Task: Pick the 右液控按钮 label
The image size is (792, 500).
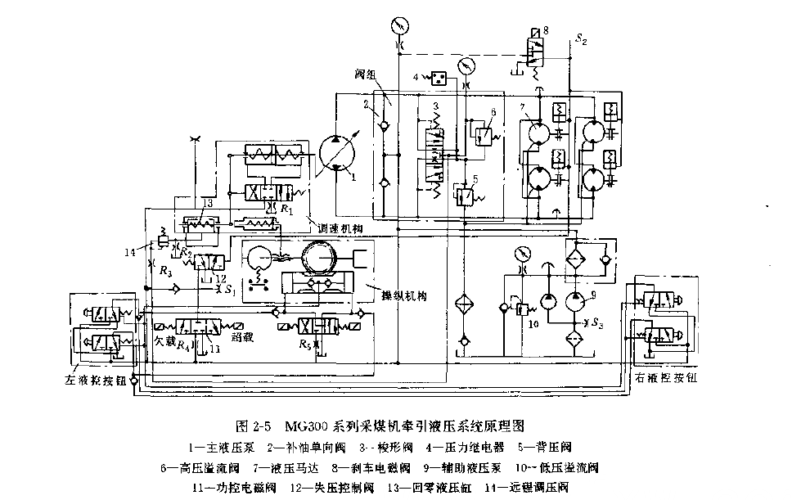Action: click(666, 378)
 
